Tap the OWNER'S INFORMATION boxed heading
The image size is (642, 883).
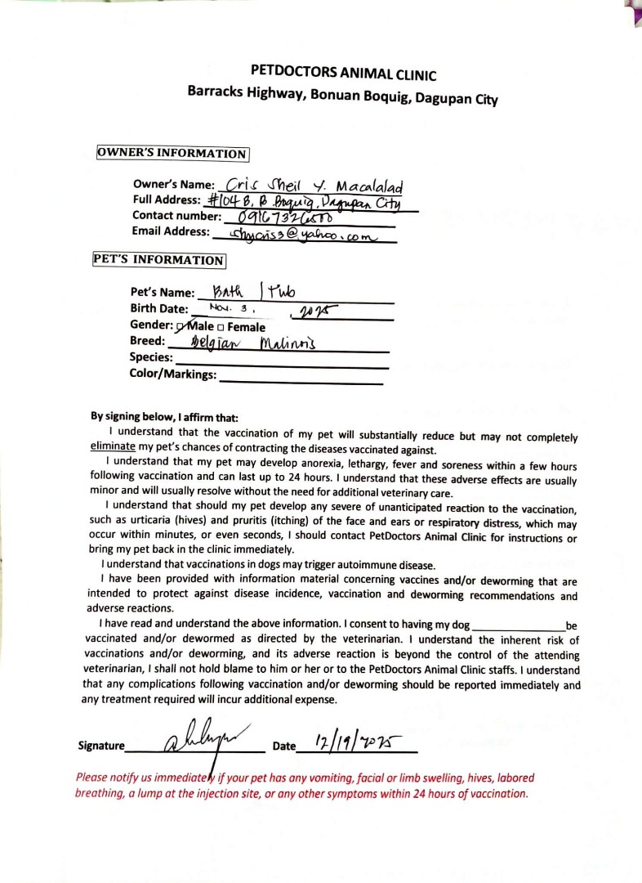(x=172, y=154)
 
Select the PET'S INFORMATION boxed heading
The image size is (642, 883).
(x=159, y=260)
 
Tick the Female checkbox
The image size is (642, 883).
(x=221, y=328)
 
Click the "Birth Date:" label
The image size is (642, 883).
(x=159, y=309)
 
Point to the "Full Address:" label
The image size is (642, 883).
(x=167, y=200)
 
